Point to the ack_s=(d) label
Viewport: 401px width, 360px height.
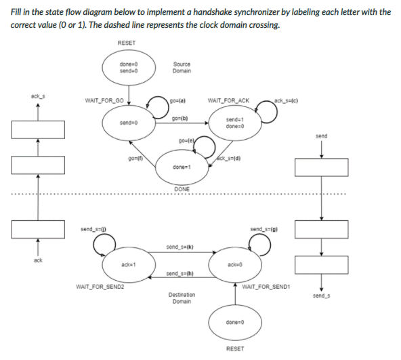pyautogui.click(x=232, y=159)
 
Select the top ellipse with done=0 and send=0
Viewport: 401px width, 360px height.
pyautogui.click(x=128, y=67)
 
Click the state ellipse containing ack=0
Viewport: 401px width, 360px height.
pyautogui.click(x=236, y=264)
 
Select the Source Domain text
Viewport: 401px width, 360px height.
pyautogui.click(x=181, y=67)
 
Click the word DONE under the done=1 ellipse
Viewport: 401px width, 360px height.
pyautogui.click(x=181, y=188)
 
